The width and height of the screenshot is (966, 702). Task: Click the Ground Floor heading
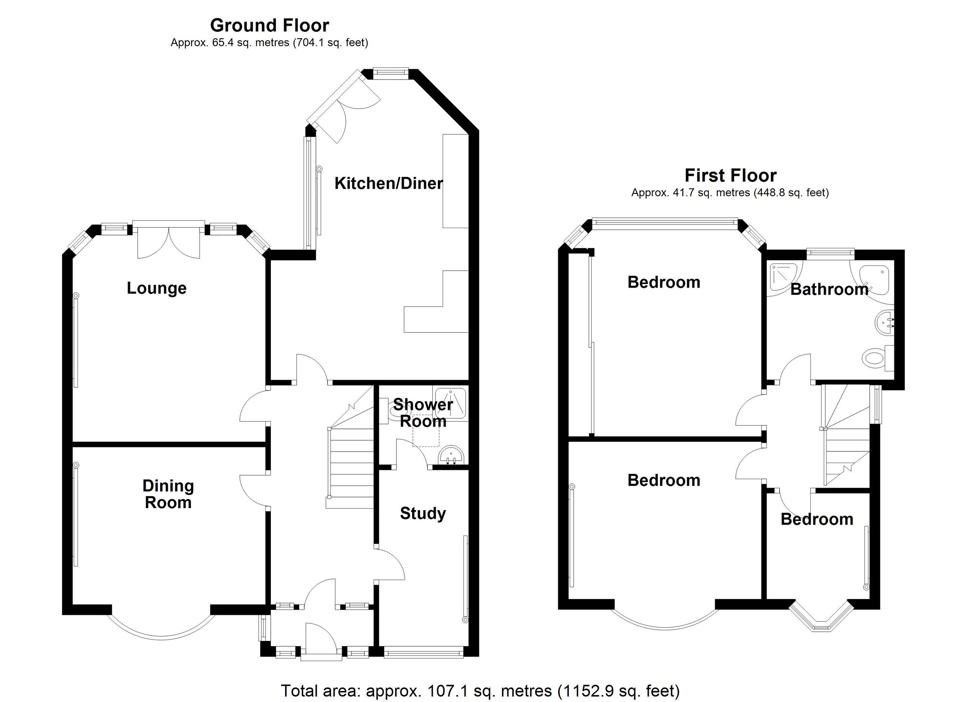click(269, 25)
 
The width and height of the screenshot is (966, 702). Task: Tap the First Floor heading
click(730, 175)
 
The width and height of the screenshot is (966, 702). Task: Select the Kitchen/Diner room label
click(388, 183)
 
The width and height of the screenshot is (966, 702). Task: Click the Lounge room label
click(156, 288)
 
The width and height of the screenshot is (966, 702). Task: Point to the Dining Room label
click(168, 494)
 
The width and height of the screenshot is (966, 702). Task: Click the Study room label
click(423, 513)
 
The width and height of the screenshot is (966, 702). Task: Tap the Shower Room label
click(423, 413)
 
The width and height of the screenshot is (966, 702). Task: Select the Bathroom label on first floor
click(829, 290)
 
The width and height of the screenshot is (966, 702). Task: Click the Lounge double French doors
click(169, 241)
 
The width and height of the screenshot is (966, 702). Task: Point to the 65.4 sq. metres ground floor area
click(251, 43)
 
